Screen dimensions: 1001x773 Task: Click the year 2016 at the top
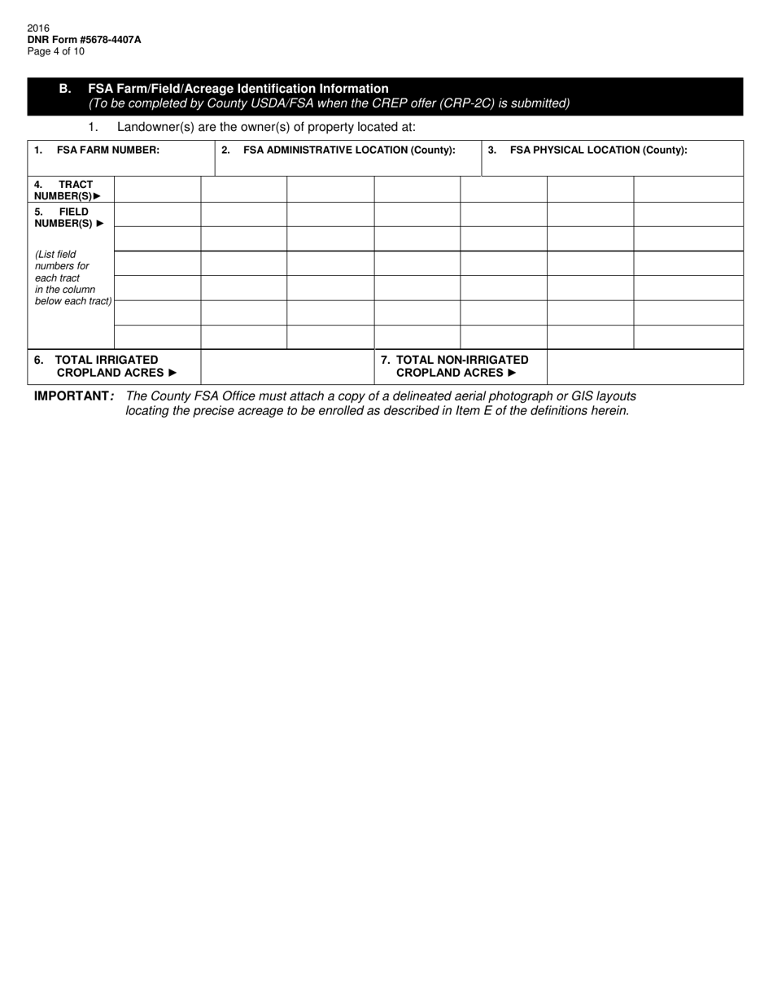[38, 28]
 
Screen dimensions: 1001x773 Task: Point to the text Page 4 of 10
[55, 51]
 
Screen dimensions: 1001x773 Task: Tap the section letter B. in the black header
[65, 88]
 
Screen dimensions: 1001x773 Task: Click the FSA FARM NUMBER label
[107, 150]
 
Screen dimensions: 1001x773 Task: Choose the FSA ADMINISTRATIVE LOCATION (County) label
[348, 150]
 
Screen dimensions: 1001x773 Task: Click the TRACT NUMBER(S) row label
[68, 190]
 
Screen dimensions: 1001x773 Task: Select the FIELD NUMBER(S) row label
[69, 217]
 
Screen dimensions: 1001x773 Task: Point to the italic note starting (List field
[72, 278]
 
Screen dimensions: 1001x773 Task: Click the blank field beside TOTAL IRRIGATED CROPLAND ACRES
[287, 367]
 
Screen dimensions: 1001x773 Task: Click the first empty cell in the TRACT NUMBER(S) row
[157, 190]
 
